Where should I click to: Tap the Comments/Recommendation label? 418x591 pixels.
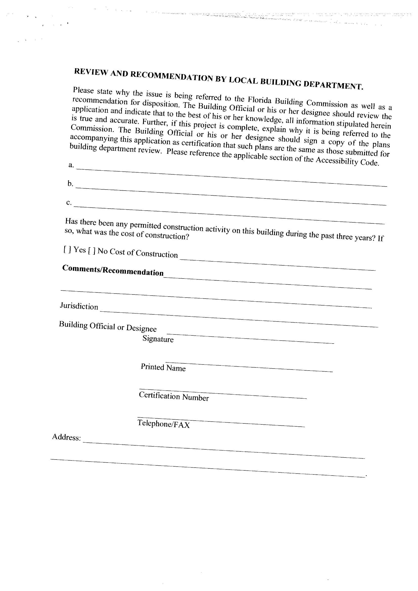click(x=113, y=270)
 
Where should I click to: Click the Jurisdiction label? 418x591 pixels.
click(x=79, y=306)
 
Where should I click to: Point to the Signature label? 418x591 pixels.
click(x=158, y=339)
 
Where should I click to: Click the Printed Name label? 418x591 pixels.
click(x=163, y=367)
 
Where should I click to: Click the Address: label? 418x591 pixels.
click(x=67, y=437)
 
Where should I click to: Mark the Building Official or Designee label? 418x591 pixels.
click(x=108, y=326)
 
